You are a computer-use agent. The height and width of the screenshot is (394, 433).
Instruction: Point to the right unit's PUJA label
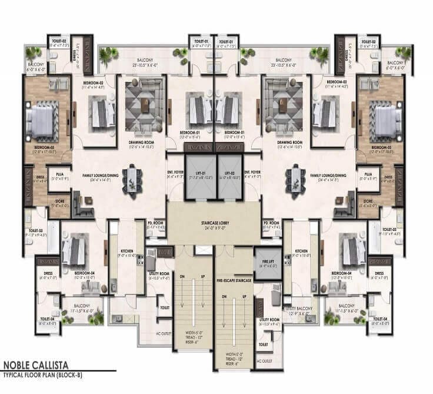[368, 175]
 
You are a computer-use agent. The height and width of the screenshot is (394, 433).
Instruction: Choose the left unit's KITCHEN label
[127, 252]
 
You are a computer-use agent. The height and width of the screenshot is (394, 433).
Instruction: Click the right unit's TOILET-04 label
[381, 320]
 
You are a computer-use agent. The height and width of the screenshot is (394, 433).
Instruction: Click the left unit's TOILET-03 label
[36, 230]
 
